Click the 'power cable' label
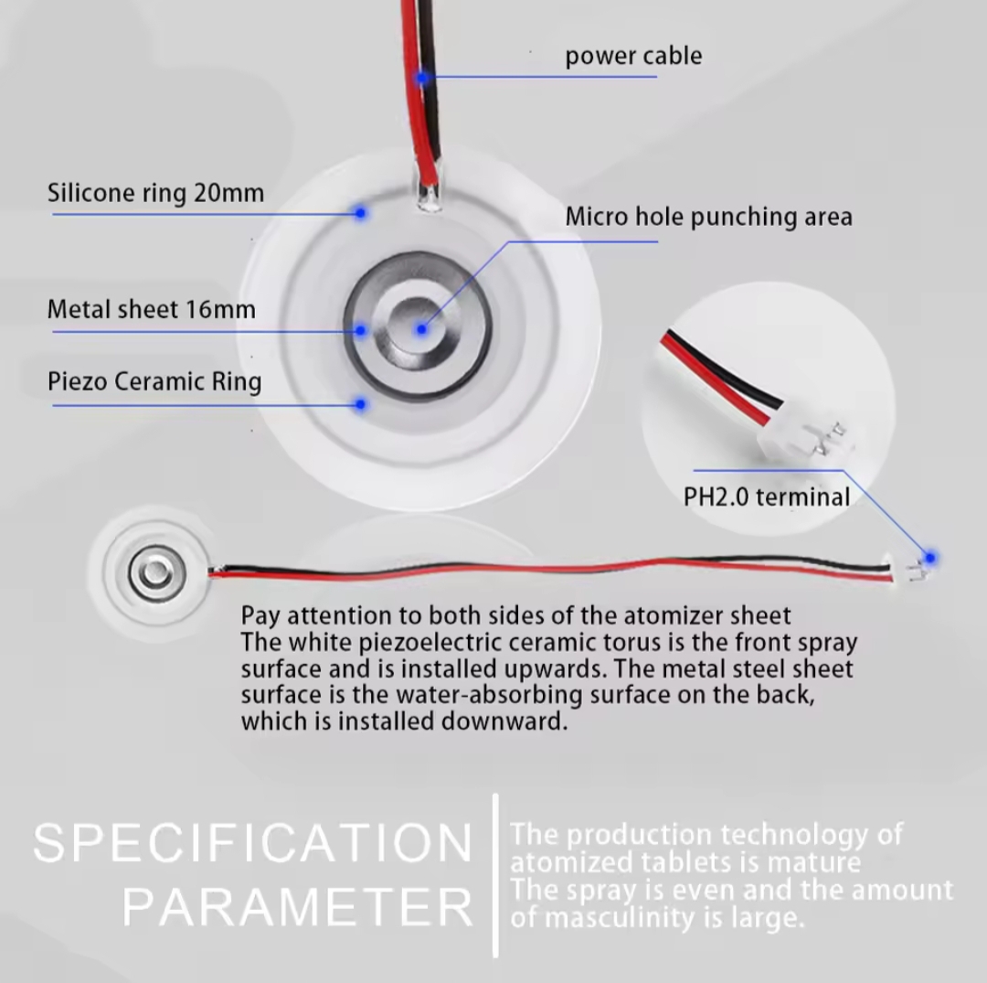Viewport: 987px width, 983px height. [633, 56]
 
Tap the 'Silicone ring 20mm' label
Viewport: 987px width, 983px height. [155, 194]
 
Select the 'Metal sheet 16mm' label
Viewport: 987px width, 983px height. [151, 309]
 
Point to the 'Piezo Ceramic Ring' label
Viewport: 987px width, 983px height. [154, 381]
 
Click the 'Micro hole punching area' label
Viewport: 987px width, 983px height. [708, 217]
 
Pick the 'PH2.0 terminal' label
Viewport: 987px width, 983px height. [767, 497]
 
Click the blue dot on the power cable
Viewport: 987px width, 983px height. [421, 78]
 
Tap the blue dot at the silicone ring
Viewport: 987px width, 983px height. [361, 212]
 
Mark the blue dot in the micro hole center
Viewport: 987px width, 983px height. [421, 329]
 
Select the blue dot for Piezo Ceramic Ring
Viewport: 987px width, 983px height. [361, 403]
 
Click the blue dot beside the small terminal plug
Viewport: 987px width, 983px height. [930, 557]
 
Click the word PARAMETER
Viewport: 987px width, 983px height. [298, 907]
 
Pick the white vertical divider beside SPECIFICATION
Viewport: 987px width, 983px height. [495, 875]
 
